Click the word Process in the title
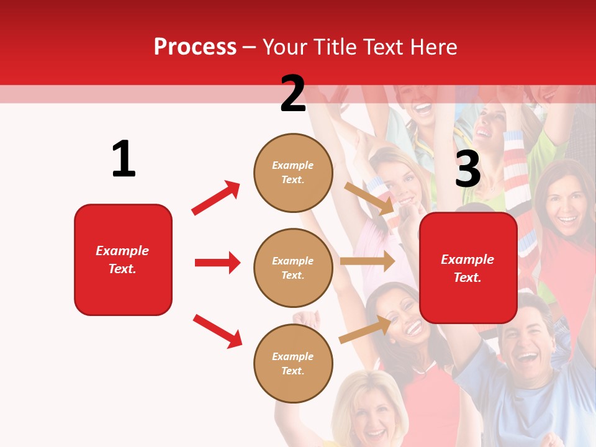pyautogui.click(x=195, y=47)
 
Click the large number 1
pyautogui.click(x=124, y=159)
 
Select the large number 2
pyautogui.click(x=293, y=94)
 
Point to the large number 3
pyautogui.click(x=467, y=169)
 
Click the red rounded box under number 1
pyautogui.click(x=123, y=260)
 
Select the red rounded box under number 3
pyautogui.click(x=468, y=268)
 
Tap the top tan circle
pyautogui.click(x=293, y=173)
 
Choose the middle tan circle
pyautogui.click(x=293, y=268)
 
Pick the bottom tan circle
pyautogui.click(x=293, y=363)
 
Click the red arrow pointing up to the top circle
pyautogui.click(x=216, y=197)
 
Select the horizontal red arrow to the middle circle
pyautogui.click(x=217, y=263)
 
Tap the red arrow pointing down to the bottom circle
pyautogui.click(x=217, y=331)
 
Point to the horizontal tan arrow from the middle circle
pyautogui.click(x=367, y=261)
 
